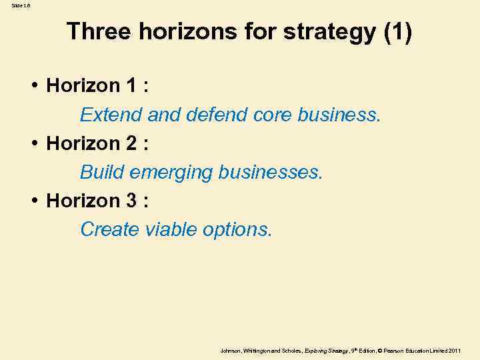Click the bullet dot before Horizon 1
tap(33, 86)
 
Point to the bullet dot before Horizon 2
tap(33, 143)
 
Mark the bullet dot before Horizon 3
tap(33, 201)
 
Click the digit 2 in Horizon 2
tap(132, 143)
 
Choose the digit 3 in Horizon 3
tap(132, 201)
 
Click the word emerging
tap(171, 173)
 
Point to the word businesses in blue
tap(271, 172)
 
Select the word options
tap(239, 231)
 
